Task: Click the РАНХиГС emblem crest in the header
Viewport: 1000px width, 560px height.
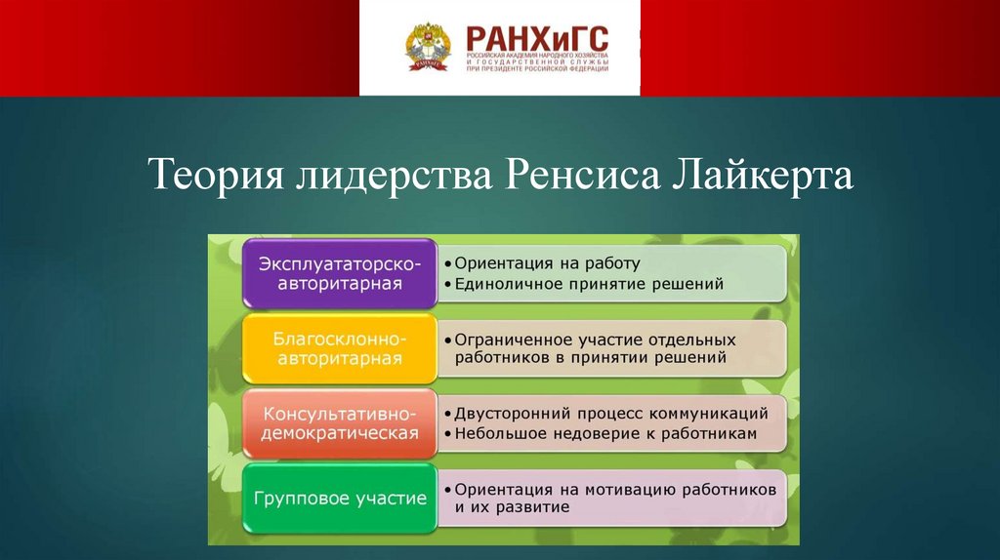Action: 428,47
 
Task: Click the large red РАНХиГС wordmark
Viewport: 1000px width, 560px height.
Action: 537,39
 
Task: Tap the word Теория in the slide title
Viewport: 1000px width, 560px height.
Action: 216,174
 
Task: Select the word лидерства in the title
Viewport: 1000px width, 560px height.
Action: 394,175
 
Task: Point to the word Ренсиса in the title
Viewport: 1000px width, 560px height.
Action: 582,175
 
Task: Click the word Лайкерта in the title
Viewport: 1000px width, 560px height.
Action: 762,175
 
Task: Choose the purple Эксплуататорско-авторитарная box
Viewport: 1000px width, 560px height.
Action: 340,273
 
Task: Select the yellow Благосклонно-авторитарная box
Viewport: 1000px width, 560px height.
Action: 340,348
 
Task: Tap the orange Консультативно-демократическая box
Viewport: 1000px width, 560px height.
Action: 340,423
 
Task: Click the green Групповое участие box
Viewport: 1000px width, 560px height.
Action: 340,499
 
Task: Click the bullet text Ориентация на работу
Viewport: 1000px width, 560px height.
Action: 547,263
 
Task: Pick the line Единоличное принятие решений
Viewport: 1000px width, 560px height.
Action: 589,284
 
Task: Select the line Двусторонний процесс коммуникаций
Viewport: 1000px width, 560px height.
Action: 611,414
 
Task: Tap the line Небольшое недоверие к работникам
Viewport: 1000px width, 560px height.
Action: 605,434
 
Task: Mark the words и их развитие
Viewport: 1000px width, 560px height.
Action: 512,507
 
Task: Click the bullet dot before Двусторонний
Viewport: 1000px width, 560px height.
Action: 448,415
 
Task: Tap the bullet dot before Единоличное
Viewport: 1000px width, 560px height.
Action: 448,285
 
